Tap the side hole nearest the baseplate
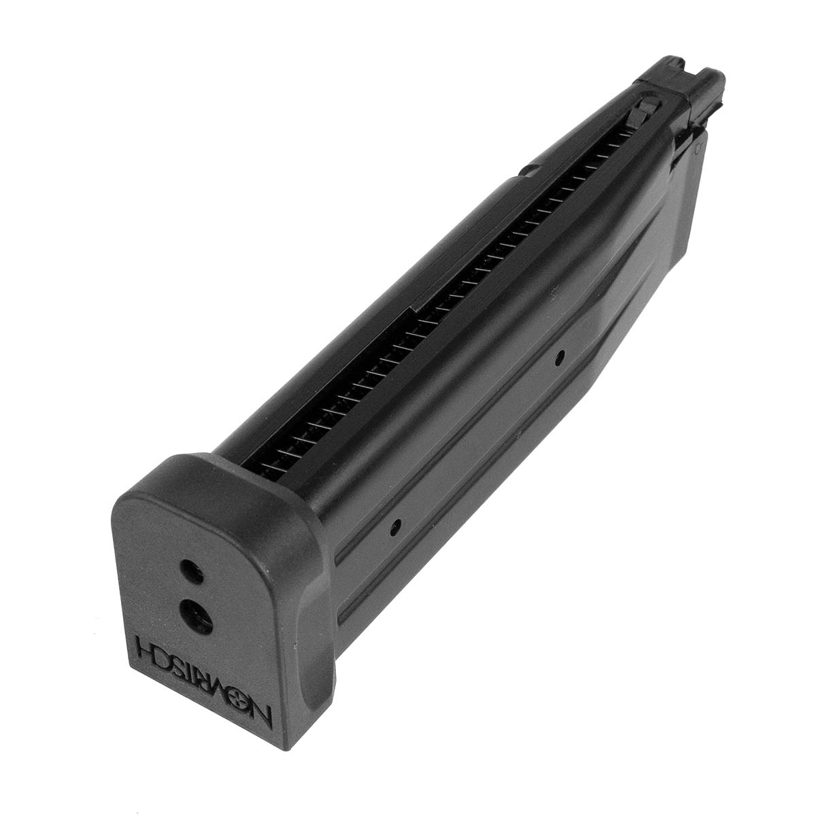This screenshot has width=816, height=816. pos(395,526)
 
